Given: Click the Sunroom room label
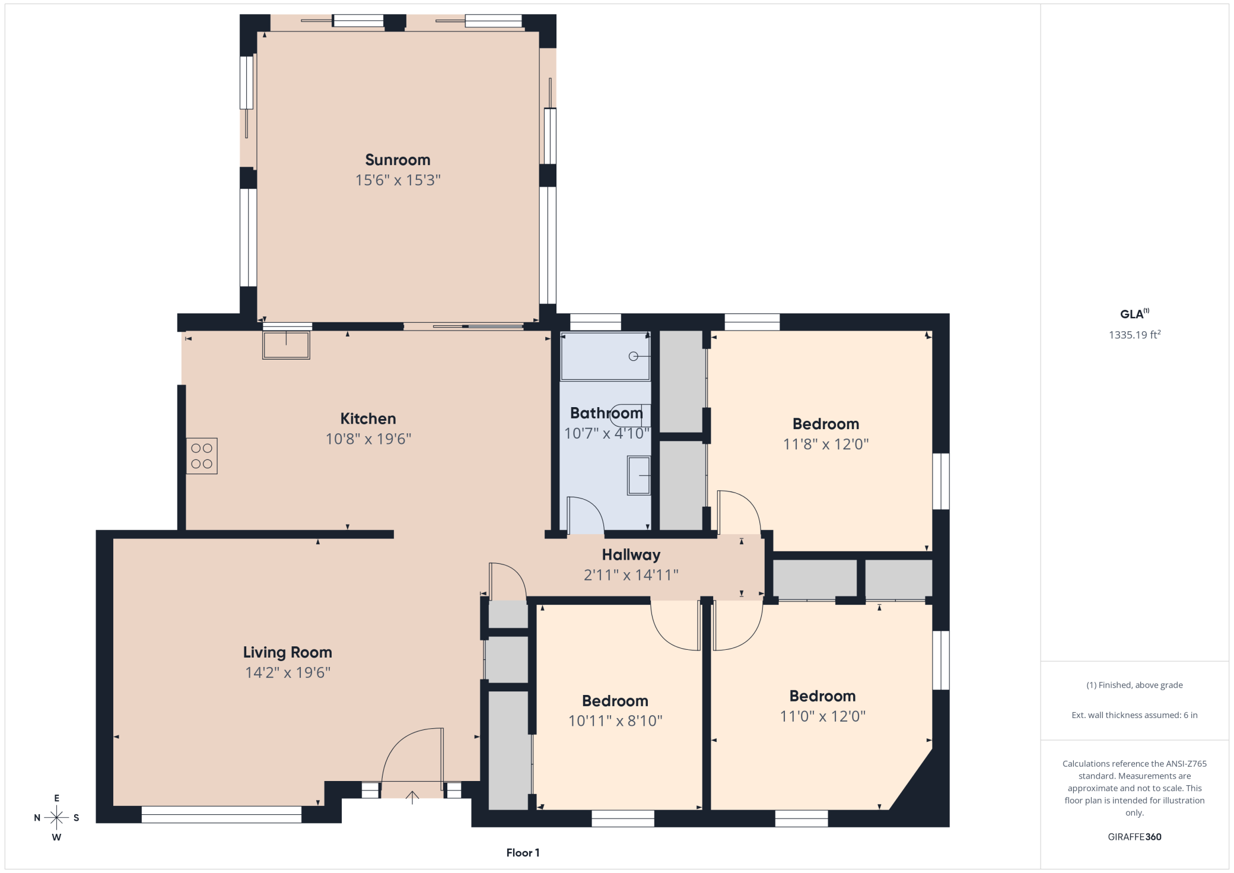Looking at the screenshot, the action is click(x=397, y=160).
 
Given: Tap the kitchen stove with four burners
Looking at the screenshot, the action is click(x=202, y=456).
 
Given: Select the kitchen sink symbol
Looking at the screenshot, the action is click(x=286, y=345).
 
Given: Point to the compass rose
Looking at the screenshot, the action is click(x=56, y=818).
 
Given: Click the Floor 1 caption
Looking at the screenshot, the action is click(x=523, y=853).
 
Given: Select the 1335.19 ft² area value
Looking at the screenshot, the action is click(x=1134, y=335).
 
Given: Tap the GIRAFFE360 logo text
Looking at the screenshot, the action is click(x=1134, y=837).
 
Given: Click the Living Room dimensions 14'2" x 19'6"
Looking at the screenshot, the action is click(x=288, y=672).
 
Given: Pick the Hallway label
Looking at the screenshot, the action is click(x=631, y=555).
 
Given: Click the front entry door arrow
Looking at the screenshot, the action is click(x=412, y=797).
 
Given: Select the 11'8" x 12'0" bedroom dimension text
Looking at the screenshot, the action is click(x=826, y=444).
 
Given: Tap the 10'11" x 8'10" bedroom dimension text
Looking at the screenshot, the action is click(x=615, y=720).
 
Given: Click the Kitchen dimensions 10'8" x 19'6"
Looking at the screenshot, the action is click(x=368, y=439).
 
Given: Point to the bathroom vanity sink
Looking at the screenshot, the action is click(x=639, y=475).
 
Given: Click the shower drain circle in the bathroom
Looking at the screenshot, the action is click(x=633, y=356).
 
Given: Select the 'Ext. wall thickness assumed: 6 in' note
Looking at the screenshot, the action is click(x=1134, y=715).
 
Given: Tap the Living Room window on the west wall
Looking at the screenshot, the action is click(x=221, y=814).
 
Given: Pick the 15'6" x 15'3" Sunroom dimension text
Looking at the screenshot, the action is click(x=397, y=180).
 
